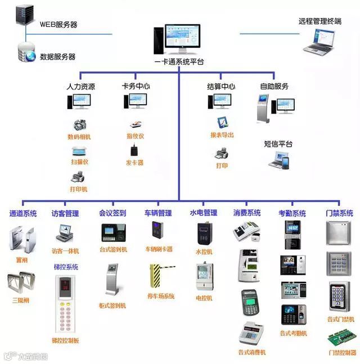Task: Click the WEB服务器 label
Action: (58, 25)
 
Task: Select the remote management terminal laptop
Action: (321, 41)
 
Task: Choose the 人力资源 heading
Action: (80, 87)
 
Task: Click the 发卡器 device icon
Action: (135, 151)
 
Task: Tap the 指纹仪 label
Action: (136, 136)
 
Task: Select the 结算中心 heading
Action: (220, 87)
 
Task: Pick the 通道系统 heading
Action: (23, 214)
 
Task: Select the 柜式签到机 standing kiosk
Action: (112, 278)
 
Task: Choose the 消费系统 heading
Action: (247, 213)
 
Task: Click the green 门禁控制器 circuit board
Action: (341, 339)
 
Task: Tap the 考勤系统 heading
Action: (292, 214)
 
